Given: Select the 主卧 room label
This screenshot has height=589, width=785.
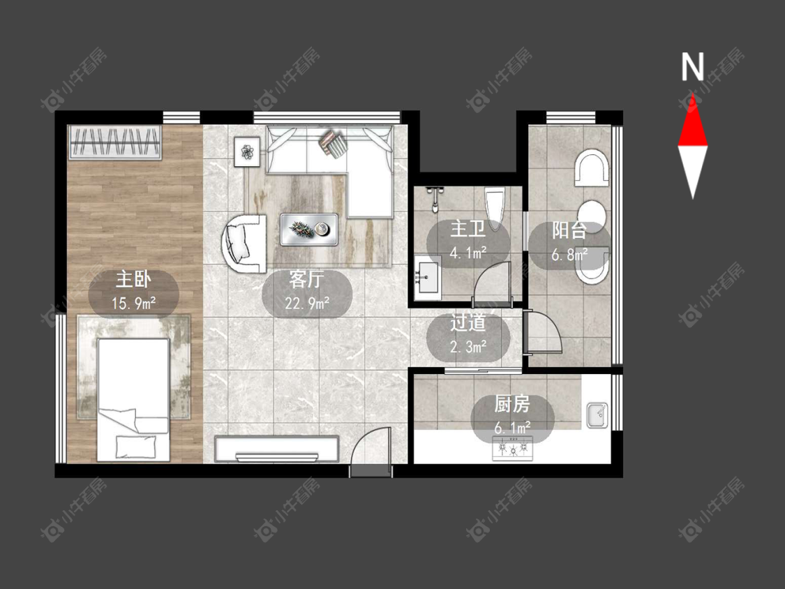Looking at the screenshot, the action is coord(133,279).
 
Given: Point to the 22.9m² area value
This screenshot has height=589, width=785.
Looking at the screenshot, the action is coord(308,302).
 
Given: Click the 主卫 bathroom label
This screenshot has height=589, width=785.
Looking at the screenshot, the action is coord(468,229).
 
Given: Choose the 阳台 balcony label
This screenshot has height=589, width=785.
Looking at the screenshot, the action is coord(569,230).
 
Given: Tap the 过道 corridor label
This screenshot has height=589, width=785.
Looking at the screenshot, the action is coord(468,323).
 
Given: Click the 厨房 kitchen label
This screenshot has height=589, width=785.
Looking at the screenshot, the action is coord(512,404).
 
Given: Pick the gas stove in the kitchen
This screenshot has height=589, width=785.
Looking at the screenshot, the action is coord(513,448).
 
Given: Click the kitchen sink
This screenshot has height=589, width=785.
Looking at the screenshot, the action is coord(597,415).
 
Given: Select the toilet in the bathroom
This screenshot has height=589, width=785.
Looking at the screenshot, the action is coord(493,209).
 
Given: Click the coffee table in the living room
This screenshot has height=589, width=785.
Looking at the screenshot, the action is coord(309,230).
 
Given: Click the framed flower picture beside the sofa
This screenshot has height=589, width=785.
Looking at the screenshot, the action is coord(247,151).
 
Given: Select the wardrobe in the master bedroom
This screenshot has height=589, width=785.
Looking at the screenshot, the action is coord(116,143).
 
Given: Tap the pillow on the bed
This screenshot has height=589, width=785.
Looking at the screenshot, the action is coord(135,447).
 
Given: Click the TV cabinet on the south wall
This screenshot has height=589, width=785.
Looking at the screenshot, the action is coord(277,449).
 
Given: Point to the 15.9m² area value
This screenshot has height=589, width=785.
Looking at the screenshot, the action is coord(134,303).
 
